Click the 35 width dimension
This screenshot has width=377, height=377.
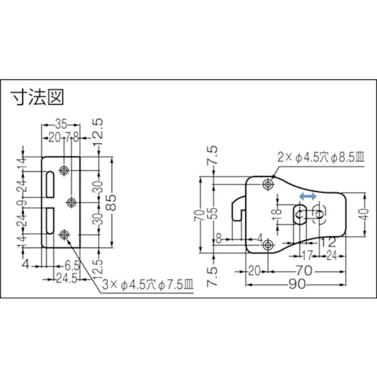[60, 124]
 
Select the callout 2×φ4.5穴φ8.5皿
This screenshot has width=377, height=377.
[320, 157]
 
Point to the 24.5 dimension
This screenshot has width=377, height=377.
[63, 279]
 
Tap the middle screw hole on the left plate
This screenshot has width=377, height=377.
[71, 203]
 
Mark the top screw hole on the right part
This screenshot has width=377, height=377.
[268, 185]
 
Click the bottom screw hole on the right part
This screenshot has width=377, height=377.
[268, 244]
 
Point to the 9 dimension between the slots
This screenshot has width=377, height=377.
[22, 203]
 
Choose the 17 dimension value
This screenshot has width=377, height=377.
[306, 254]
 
